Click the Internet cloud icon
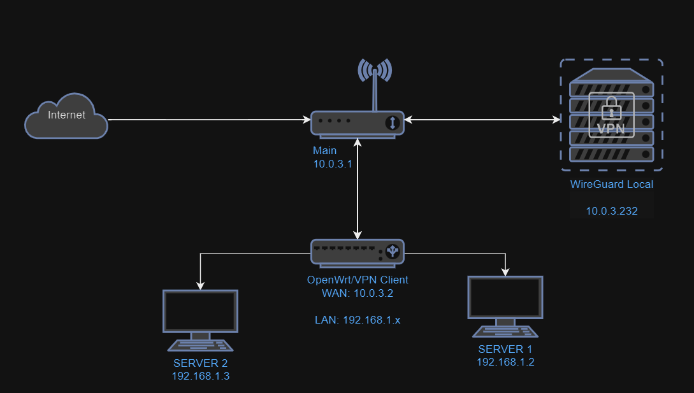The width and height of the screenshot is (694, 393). [x=66, y=116]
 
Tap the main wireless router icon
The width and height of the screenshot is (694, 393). [x=357, y=122]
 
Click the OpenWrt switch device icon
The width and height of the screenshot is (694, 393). [x=358, y=251]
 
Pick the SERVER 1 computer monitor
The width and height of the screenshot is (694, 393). [x=505, y=298]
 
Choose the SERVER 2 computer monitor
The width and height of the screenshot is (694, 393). [x=201, y=311]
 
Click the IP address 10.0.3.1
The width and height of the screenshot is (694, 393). [x=333, y=164]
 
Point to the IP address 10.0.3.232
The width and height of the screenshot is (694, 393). [x=612, y=211]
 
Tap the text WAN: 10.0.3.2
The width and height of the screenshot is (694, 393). [x=358, y=293]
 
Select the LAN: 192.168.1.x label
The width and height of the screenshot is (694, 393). [x=358, y=320]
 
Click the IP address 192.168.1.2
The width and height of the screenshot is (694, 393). [x=505, y=362]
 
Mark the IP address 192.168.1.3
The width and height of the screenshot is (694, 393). [x=201, y=376]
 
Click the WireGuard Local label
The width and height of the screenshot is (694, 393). [x=612, y=185]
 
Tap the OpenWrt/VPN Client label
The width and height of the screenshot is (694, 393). [x=358, y=280]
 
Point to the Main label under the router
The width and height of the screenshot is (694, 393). [x=324, y=151]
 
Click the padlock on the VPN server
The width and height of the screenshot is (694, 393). [x=611, y=108]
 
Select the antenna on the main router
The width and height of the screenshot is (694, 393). [x=375, y=80]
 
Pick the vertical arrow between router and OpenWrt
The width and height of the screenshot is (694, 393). [x=359, y=191]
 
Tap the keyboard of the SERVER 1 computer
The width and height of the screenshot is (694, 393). [x=505, y=331]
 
